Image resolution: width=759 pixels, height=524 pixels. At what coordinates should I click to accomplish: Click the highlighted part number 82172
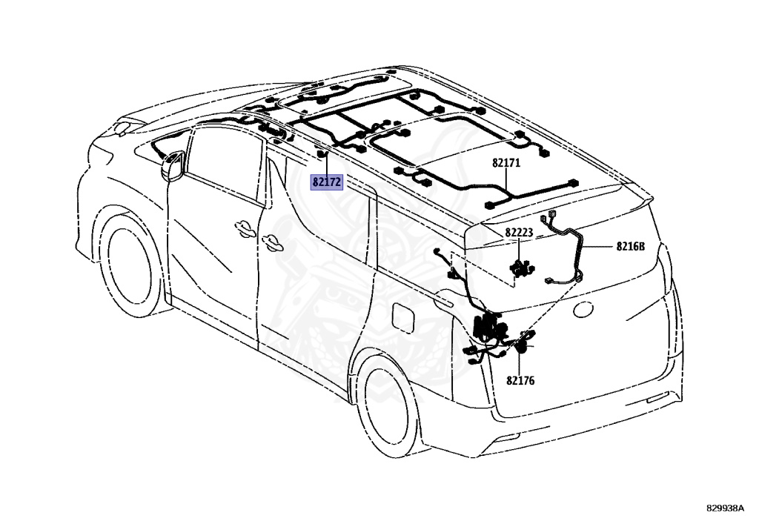pyautogui.click(x=327, y=182)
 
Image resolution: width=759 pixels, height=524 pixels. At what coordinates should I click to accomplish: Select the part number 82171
pyautogui.click(x=506, y=162)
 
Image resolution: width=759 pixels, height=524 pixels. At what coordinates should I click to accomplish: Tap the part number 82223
pyautogui.click(x=519, y=233)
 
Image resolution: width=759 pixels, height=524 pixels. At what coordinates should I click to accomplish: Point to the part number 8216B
pyautogui.click(x=630, y=247)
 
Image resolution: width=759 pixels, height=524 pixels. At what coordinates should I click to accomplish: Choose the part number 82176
pyautogui.click(x=520, y=381)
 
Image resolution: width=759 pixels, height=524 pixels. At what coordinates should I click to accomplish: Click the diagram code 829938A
pyautogui.click(x=726, y=508)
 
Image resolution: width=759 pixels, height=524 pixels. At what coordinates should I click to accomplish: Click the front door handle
pyautogui.click(x=242, y=228)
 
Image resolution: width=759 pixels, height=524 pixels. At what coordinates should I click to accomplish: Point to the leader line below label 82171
pyautogui.click(x=506, y=182)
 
